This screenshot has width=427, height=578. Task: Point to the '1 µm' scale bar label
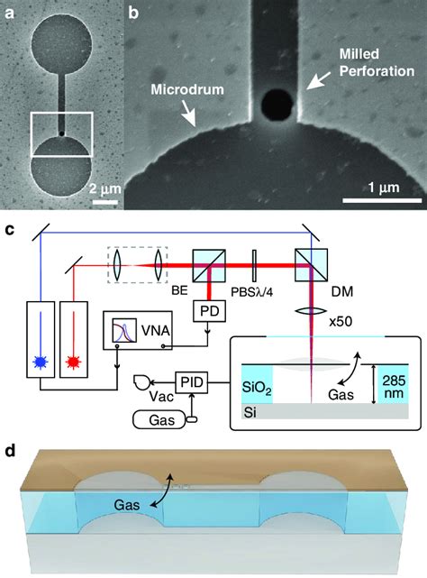368,189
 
